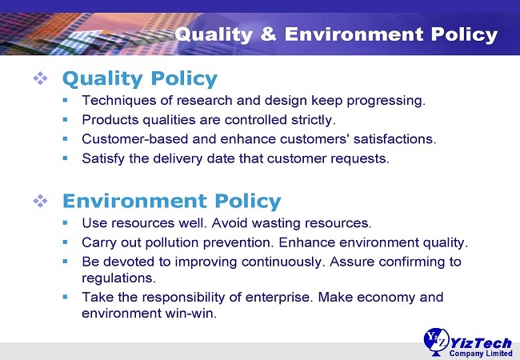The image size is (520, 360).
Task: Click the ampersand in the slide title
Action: pyautogui.click(x=268, y=34)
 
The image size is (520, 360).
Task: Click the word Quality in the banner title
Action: pyautogui.click(x=214, y=35)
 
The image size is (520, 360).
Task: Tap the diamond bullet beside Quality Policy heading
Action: pyautogui.click(x=40, y=78)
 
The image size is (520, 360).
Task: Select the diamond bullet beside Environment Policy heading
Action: pyautogui.click(x=40, y=201)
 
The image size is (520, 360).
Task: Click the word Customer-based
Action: pyautogui.click(x=135, y=139)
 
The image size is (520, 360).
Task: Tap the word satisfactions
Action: pyautogui.click(x=394, y=139)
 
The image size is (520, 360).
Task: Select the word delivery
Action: pyautogui.click(x=178, y=159)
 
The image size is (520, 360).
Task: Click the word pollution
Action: pyautogui.click(x=172, y=243)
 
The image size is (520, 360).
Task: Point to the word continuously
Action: pyautogui.click(x=282, y=262)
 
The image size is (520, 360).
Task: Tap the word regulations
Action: pyautogui.click(x=118, y=278)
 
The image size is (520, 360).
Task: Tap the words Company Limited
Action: pyautogui.click(x=481, y=354)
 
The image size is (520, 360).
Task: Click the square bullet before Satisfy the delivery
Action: pyautogui.click(x=65, y=158)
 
